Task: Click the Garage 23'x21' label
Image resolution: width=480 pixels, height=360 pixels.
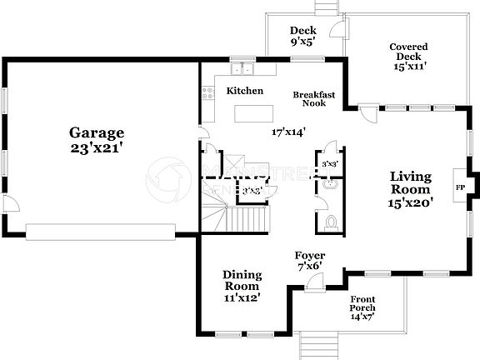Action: coord(97,140)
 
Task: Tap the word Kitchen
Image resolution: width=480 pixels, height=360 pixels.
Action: coord(245,91)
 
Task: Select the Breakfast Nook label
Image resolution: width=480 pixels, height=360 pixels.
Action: coord(314,99)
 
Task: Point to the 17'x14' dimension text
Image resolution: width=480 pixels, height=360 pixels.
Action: coord(288,131)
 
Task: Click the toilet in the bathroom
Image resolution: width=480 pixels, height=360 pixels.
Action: coord(331,222)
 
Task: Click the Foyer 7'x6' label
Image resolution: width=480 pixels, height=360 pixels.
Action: coord(309,260)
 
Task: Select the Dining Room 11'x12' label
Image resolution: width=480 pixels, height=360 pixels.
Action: coord(242,286)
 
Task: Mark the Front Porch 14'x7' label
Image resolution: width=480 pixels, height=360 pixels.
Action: coord(362,307)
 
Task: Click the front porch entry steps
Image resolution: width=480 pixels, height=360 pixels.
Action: coord(317,343)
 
